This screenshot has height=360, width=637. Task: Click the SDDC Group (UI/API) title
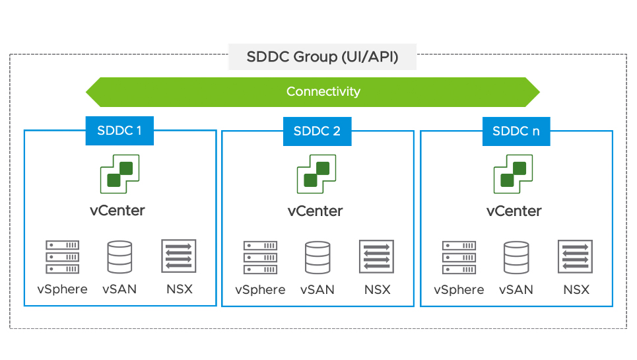[322, 57]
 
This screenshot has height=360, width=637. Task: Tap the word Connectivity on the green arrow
[323, 92]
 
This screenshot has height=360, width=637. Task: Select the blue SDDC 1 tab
[119, 131]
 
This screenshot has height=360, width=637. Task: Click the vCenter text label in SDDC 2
[316, 211]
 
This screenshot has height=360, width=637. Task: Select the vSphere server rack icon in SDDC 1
[63, 257]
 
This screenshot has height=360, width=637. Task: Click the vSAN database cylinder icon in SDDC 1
[119, 257]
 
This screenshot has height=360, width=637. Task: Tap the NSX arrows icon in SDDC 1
[178, 256]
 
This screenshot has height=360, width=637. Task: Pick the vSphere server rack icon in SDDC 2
[260, 258]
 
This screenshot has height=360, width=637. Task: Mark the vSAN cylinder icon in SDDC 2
[318, 258]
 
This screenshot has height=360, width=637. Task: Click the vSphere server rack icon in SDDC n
[459, 258]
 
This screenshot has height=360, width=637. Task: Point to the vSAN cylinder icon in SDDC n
[516, 258]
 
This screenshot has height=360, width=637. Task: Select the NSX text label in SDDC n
[576, 290]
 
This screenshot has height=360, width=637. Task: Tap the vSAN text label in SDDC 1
[119, 289]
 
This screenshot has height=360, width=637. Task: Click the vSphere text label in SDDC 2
[260, 290]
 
